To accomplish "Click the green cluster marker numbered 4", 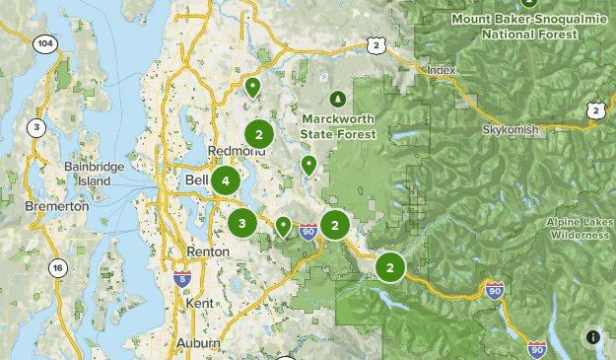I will pyautogui.click(x=226, y=180).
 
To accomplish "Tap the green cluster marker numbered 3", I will pyautogui.click(x=242, y=223).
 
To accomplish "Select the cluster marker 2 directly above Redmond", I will pyautogui.click(x=258, y=134).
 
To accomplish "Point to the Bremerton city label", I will pyautogui.click(x=58, y=206).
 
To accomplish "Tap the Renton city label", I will pyautogui.click(x=207, y=252).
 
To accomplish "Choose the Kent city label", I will pyautogui.click(x=199, y=303).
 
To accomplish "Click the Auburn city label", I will pyautogui.click(x=198, y=342).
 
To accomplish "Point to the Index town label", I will pyautogui.click(x=441, y=70).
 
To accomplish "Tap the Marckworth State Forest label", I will pyautogui.click(x=338, y=125).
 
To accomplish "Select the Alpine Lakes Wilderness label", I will pyautogui.click(x=580, y=229).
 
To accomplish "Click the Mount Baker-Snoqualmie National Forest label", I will pyautogui.click(x=526, y=26).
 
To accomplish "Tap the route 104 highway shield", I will pyautogui.click(x=44, y=44).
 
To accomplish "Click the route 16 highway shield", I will pyautogui.click(x=57, y=268).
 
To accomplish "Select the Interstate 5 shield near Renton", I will pyautogui.click(x=181, y=279).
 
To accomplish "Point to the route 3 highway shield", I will pyautogui.click(x=36, y=126).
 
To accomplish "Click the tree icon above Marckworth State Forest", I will pyautogui.click(x=338, y=98).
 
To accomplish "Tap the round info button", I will pyautogui.click(x=593, y=337).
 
